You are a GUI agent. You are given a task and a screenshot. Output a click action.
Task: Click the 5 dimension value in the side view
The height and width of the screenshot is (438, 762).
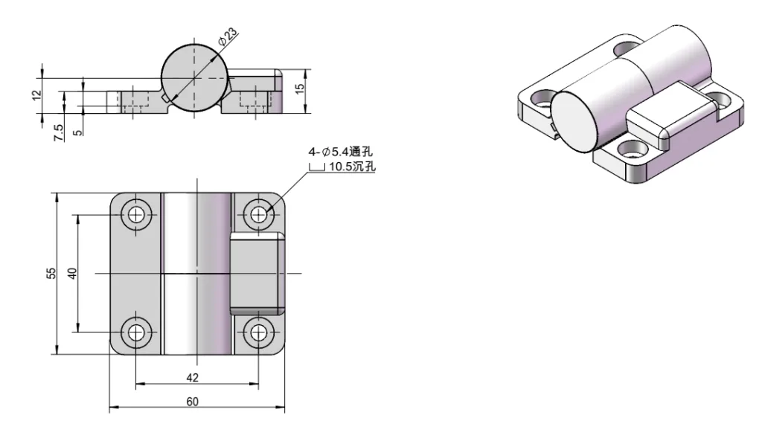tap(78, 131)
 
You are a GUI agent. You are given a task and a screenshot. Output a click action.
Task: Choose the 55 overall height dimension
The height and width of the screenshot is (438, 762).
tap(51, 273)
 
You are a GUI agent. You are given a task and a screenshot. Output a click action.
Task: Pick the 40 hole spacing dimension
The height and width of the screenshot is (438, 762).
tap(72, 273)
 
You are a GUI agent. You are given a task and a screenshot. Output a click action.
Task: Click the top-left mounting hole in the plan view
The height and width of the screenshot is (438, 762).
tap(136, 214)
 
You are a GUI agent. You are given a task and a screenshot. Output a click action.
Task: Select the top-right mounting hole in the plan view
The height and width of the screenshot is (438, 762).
tap(258, 214)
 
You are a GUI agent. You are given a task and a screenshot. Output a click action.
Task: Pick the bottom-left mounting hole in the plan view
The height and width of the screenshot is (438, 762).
tap(136, 332)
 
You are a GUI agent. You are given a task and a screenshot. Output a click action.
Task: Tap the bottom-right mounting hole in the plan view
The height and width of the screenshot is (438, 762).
tap(258, 332)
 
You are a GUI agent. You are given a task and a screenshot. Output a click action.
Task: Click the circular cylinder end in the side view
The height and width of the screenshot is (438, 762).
tap(192, 78)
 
